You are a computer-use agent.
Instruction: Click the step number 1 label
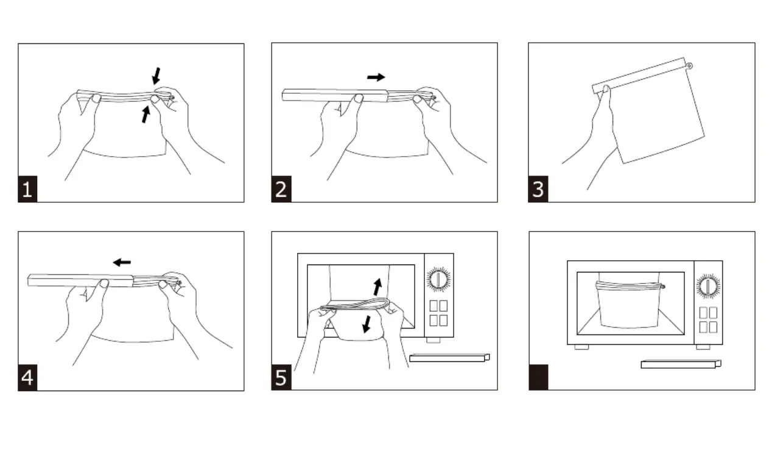click(27, 191)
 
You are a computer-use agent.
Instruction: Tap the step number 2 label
click(281, 191)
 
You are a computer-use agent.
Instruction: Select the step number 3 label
click(538, 191)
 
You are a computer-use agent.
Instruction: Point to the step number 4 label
click(27, 379)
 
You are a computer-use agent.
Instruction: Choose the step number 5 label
click(281, 379)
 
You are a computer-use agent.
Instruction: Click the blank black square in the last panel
click(538, 378)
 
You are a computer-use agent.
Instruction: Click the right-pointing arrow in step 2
click(376, 77)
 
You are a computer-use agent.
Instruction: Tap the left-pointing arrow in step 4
click(122, 262)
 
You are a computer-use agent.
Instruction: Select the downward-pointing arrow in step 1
click(156, 76)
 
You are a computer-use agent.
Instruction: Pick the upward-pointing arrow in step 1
click(146, 113)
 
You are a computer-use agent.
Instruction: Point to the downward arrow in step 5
click(367, 324)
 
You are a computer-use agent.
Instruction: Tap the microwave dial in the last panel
click(708, 285)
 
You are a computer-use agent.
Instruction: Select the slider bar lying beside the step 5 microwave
click(449, 358)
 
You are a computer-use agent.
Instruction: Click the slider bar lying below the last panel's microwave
click(681, 364)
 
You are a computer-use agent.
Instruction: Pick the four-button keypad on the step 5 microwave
click(438, 313)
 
